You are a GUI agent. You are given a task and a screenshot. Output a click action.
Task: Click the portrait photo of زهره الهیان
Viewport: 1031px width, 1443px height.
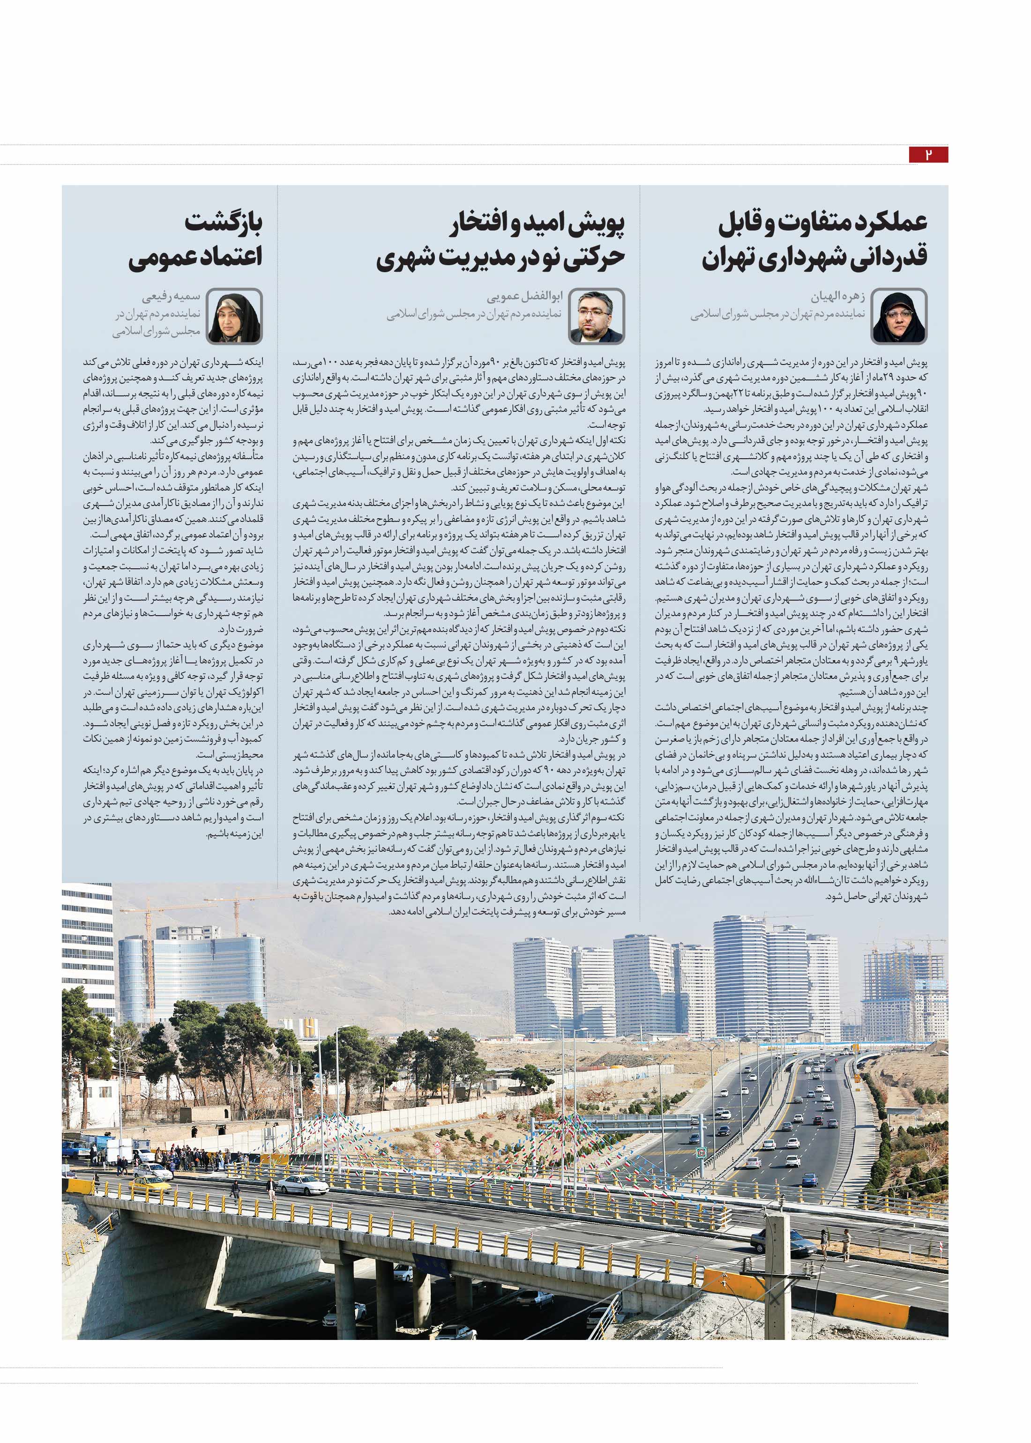tap(899, 317)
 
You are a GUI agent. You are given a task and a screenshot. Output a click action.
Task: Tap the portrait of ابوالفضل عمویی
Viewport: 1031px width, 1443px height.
tap(596, 317)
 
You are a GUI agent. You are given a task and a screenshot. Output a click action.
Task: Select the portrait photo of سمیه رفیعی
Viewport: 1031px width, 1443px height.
tap(234, 317)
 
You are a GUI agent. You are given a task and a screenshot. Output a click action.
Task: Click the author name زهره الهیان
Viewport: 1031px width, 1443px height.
tap(838, 297)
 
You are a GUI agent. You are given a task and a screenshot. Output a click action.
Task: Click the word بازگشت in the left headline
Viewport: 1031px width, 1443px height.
tap(224, 223)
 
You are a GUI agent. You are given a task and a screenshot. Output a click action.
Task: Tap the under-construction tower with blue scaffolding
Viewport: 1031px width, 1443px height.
tap(902, 990)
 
